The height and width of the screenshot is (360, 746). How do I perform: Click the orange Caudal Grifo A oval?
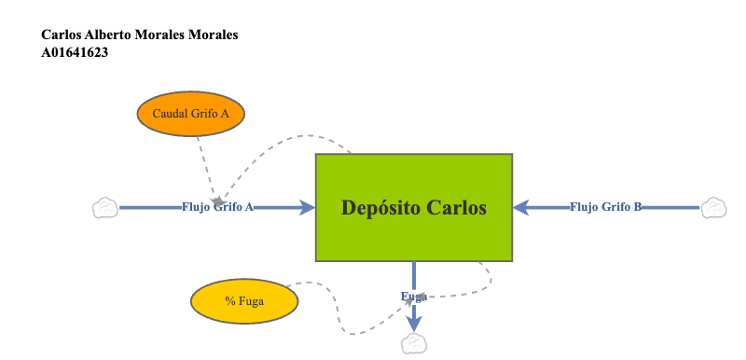pos(190,113)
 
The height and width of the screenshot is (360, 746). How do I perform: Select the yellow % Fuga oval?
pos(244,302)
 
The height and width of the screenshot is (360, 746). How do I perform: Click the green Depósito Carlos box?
pos(414,207)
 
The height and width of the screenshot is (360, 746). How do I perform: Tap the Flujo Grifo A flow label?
pos(217,208)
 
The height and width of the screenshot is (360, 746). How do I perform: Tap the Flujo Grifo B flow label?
pos(605,207)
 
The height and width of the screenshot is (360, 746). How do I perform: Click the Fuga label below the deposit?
pos(414,297)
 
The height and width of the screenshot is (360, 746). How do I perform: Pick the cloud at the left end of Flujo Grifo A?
pos(105,208)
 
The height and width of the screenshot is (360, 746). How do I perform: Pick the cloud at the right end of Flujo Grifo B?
pos(713,207)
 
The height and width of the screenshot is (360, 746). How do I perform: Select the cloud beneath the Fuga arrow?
pos(413,344)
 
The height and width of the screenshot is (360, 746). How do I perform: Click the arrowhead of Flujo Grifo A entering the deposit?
pos(307,208)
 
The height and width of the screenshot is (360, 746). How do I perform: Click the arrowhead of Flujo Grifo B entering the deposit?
pos(522,207)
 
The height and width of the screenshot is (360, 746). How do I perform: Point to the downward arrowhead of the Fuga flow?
pos(414,322)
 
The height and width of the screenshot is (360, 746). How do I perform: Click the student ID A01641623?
pos(75,53)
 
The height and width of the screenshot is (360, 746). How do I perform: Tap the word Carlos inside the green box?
pos(457,207)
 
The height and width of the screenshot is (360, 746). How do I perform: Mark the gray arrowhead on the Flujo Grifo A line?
pos(218,201)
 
